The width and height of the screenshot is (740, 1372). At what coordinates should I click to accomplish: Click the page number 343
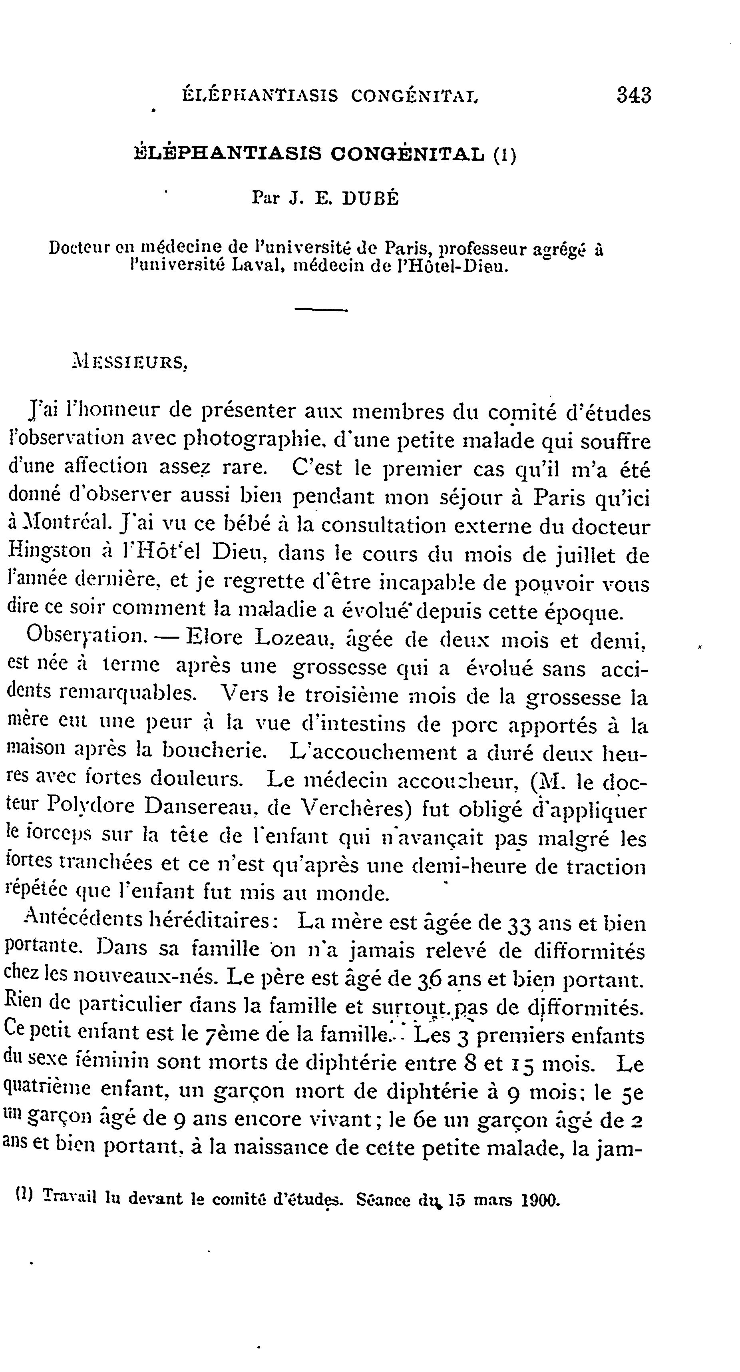click(634, 96)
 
